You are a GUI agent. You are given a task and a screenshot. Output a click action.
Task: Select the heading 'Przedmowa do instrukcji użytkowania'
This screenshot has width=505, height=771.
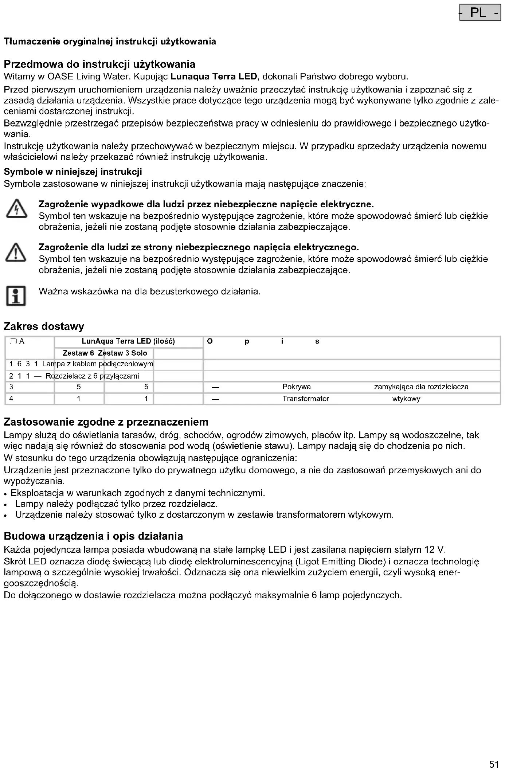pyautogui.click(x=99, y=64)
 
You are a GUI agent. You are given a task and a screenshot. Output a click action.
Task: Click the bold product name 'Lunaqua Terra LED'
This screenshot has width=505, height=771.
pyautogui.click(x=214, y=77)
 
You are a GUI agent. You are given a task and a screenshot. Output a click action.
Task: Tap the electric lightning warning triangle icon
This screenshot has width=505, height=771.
pyautogui.click(x=16, y=210)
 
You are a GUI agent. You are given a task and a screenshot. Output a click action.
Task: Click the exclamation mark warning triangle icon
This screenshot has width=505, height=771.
pyautogui.click(x=16, y=253)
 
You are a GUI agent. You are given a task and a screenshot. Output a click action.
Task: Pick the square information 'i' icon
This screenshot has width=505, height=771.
pyautogui.click(x=16, y=296)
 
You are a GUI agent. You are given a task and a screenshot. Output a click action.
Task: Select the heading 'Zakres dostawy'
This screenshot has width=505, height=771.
pyautogui.click(x=44, y=326)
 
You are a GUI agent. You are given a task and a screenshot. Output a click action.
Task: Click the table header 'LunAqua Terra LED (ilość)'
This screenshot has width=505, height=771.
pyautogui.click(x=128, y=341)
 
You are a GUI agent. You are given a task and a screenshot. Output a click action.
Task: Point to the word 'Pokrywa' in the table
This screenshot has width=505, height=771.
pyautogui.click(x=297, y=387)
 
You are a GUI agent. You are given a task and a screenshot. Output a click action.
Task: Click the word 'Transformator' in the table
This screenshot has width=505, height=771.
pyautogui.click(x=306, y=399)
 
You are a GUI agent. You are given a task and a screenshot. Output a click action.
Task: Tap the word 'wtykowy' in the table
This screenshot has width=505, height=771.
pyautogui.click(x=406, y=399)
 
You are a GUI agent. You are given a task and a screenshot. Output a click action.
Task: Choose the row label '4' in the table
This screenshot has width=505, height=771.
pyautogui.click(x=11, y=399)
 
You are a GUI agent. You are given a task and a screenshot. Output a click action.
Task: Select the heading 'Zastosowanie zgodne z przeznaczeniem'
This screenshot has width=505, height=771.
pyautogui.click(x=106, y=422)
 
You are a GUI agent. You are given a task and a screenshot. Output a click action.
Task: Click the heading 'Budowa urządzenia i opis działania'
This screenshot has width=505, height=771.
pyautogui.click(x=93, y=536)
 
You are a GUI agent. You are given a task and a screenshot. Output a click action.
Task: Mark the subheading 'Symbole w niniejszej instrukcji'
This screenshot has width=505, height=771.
pyautogui.click(x=73, y=172)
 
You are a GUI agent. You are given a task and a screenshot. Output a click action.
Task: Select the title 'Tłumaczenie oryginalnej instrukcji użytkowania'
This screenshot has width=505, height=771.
pyautogui.click(x=110, y=42)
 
